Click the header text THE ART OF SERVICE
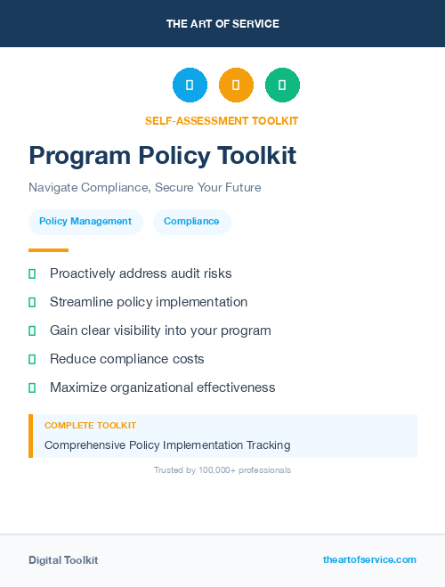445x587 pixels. click(222, 24)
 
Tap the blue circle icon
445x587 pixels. click(190, 86)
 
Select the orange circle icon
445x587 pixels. click(236, 86)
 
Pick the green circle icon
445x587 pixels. click(282, 86)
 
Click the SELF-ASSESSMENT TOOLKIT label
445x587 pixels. click(222, 121)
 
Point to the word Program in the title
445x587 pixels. click(79, 156)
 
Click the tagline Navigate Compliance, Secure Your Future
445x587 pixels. click(144, 188)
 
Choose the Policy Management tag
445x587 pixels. click(85, 222)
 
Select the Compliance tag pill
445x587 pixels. click(191, 222)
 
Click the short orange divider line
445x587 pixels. click(48, 250)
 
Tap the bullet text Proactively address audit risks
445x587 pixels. click(141, 273)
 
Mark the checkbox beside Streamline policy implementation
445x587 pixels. click(32, 302)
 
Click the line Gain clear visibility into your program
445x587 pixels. click(160, 330)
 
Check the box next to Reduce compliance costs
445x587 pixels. click(32, 359)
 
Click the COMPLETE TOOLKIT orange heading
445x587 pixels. click(90, 426)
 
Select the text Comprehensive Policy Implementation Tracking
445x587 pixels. click(167, 444)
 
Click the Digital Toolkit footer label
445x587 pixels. click(63, 560)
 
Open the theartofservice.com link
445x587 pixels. click(369, 559)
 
